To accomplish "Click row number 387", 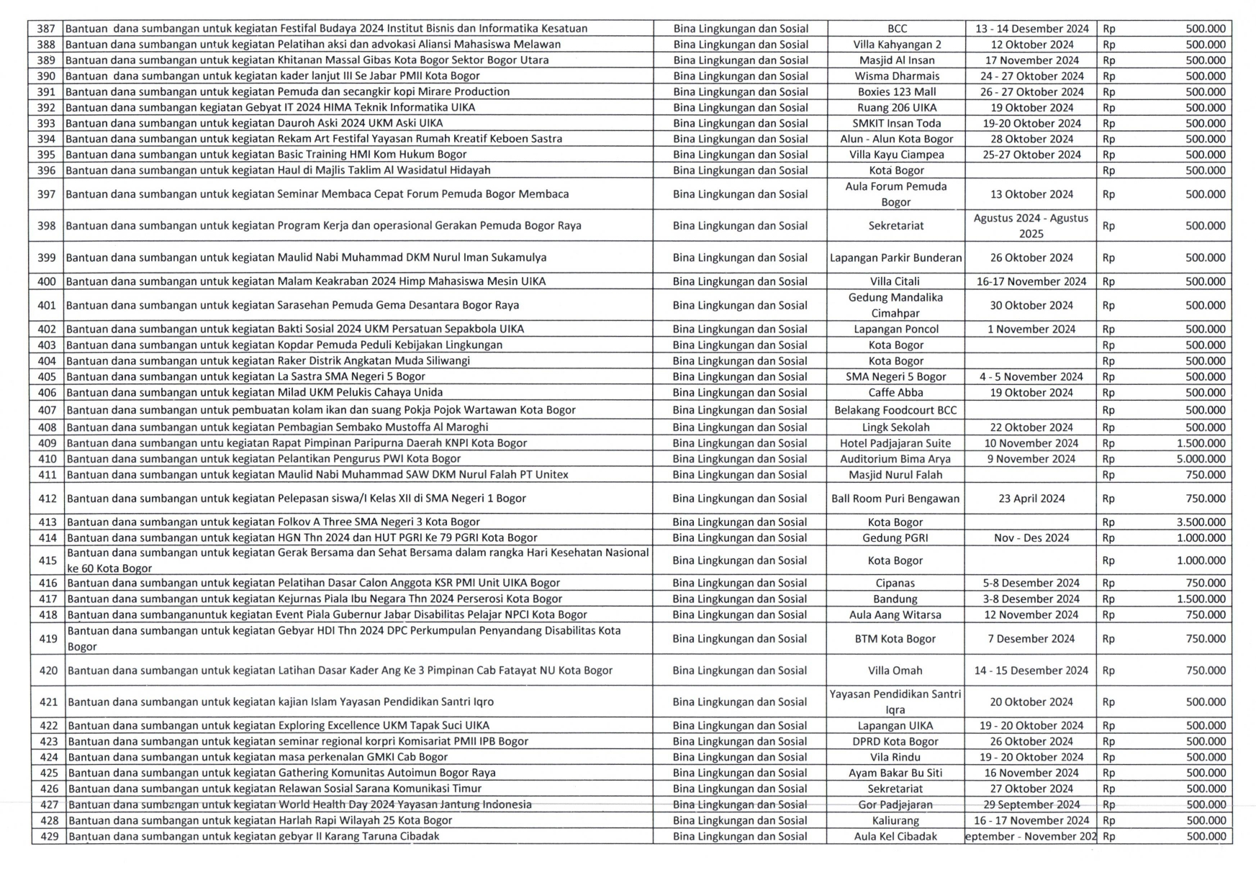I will [46, 29].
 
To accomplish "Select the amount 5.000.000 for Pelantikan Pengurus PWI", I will [1201, 459].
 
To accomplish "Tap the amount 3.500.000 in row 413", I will [1201, 522].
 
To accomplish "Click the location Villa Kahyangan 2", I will [897, 45].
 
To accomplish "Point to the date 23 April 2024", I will [1031, 499].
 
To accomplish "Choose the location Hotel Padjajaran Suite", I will [895, 443].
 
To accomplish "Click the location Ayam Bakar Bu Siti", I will [895, 773].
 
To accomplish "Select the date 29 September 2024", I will [1031, 804].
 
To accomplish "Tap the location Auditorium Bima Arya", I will [895, 459].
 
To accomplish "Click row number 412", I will [48, 499].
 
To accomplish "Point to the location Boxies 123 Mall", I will [897, 92].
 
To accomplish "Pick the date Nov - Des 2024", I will [1031, 537].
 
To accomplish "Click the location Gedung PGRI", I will [895, 537].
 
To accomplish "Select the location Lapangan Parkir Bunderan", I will [895, 258].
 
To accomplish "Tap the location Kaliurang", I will [895, 820].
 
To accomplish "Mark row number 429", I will [49, 836].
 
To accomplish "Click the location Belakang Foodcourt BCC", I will [895, 410].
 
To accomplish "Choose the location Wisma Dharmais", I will [897, 76].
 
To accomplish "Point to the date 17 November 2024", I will [1031, 60].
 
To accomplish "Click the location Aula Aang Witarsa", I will [895, 614].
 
